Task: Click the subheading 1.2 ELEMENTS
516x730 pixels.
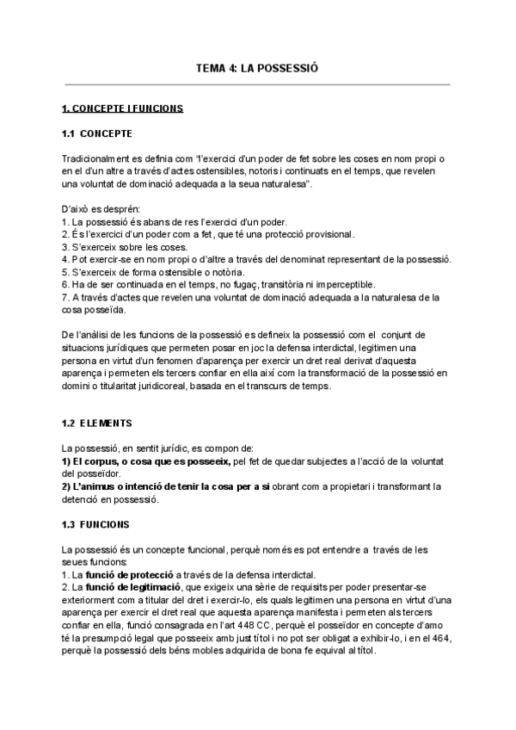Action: tap(96, 424)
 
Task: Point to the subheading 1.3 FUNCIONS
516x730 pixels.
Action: tap(96, 523)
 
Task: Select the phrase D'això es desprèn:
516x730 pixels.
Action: tap(95, 209)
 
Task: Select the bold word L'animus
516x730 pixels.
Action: tap(97, 487)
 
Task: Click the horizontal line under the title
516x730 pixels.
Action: tap(257, 84)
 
